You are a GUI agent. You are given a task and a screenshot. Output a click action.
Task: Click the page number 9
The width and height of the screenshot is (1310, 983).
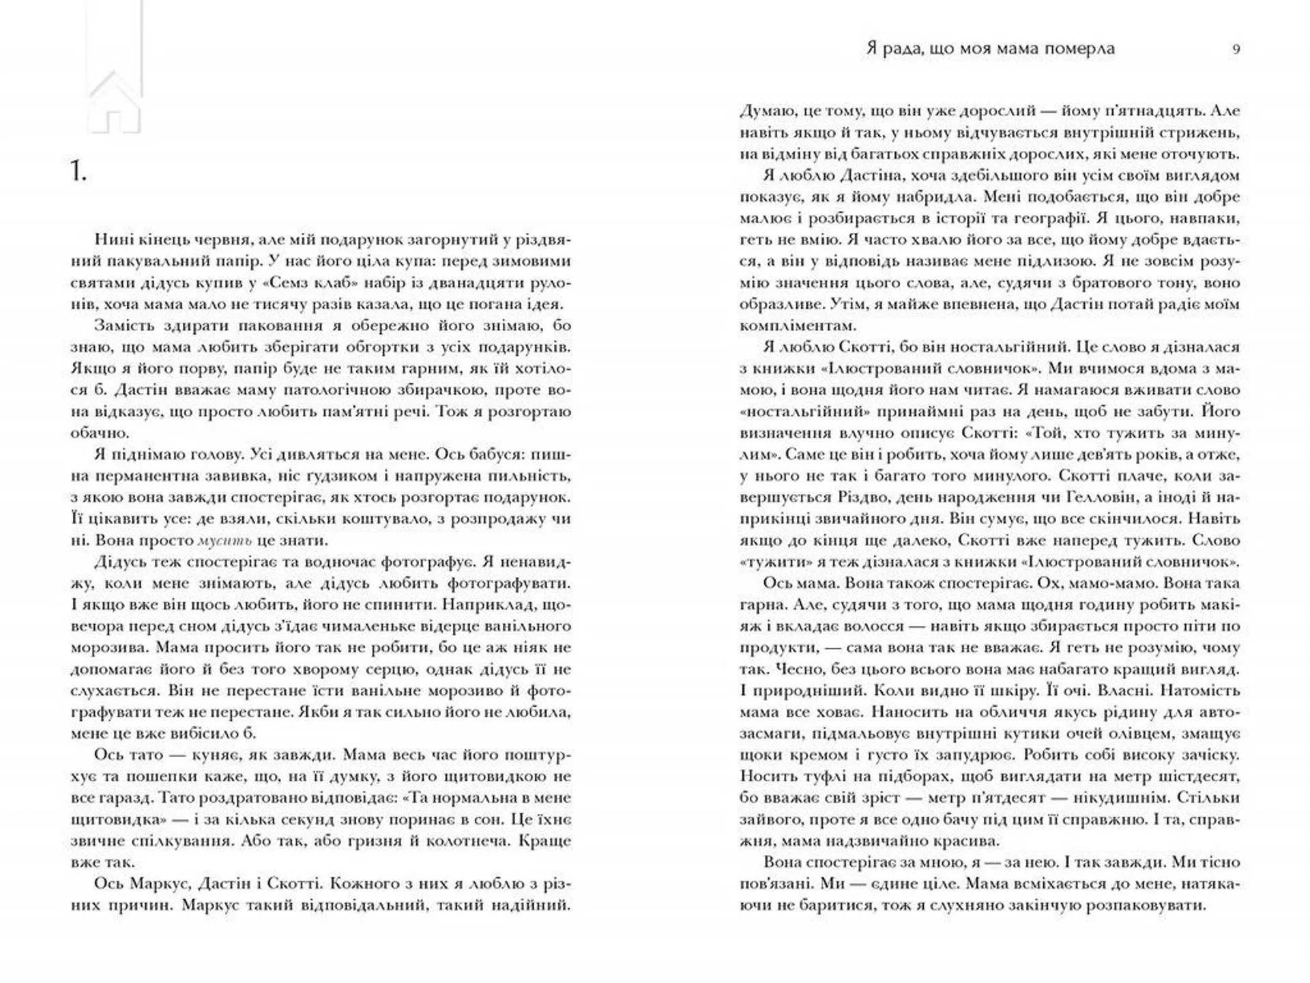pyautogui.click(x=1236, y=49)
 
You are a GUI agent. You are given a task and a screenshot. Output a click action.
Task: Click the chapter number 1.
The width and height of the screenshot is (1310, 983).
pyautogui.click(x=78, y=172)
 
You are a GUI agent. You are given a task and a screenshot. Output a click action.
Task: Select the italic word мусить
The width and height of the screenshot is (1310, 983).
pyautogui.click(x=224, y=541)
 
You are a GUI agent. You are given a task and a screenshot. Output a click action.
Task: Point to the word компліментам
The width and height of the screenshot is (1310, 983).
pyautogui.click(x=792, y=326)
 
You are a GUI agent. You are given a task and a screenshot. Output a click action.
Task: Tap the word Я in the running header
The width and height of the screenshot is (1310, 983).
pyautogui.click(x=871, y=48)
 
